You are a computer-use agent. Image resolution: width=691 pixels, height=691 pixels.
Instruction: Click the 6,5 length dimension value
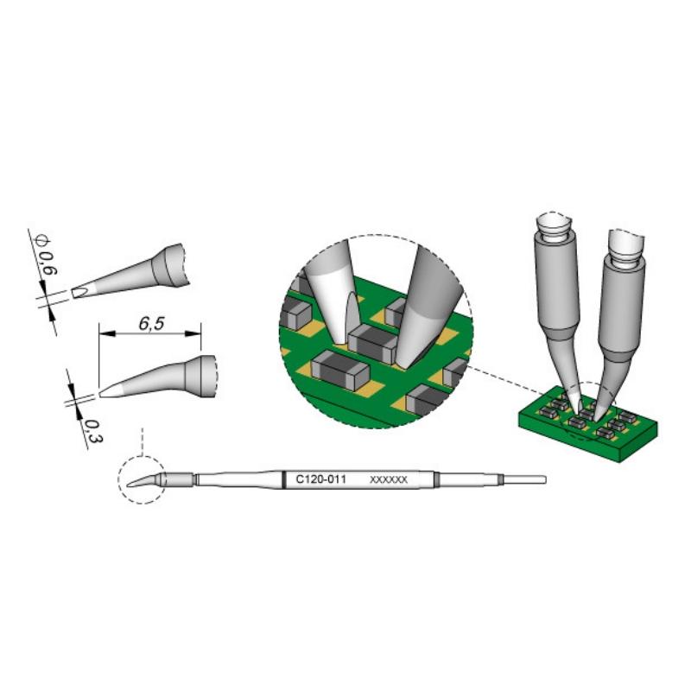(x=151, y=324)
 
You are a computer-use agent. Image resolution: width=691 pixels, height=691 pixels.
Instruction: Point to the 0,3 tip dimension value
(x=93, y=431)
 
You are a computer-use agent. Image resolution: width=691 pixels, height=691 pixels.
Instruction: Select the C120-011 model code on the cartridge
(x=320, y=479)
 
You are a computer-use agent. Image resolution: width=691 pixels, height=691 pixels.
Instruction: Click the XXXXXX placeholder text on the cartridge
(x=388, y=479)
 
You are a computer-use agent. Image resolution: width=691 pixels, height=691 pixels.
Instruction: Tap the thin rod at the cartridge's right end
(x=525, y=479)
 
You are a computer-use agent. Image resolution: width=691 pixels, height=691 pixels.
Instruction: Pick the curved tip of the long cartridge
(x=143, y=481)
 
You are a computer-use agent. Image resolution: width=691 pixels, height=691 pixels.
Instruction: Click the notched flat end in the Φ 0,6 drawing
(x=79, y=291)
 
